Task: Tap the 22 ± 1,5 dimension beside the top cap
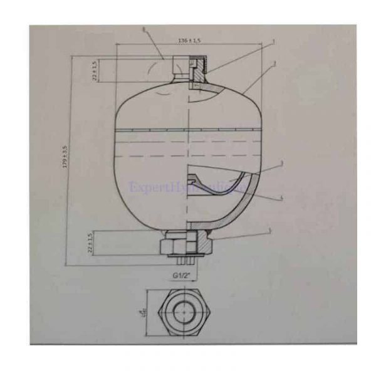[x=94, y=70]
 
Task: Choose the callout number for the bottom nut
[x=271, y=231]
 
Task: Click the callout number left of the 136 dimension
[x=144, y=29]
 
